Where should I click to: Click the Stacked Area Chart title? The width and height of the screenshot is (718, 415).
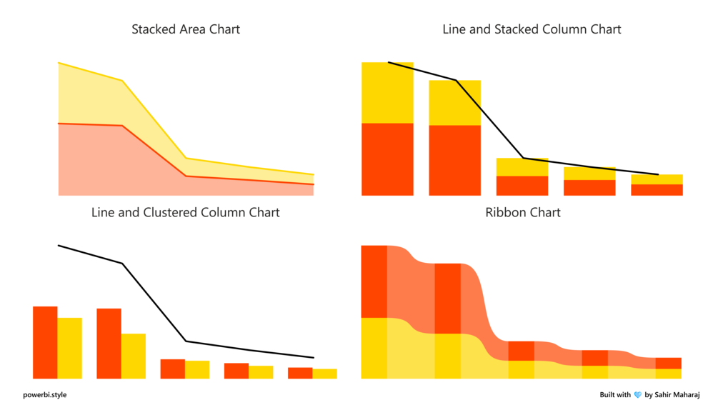[x=186, y=29]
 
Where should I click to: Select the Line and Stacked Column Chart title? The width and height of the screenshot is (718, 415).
[x=532, y=29]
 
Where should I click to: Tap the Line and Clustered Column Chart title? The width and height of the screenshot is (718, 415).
[x=186, y=212]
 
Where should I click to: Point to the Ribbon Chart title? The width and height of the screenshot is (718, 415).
[x=523, y=212]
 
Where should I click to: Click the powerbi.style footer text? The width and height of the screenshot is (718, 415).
[x=44, y=394]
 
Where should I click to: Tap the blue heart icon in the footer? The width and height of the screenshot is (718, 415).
[x=638, y=394]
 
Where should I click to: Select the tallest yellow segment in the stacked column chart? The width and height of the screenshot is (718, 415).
[x=387, y=93]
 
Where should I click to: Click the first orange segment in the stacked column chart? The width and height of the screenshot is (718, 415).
[x=387, y=159]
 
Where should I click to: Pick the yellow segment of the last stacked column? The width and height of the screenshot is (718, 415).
[x=657, y=179]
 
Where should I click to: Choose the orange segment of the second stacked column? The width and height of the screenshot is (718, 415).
[x=454, y=160]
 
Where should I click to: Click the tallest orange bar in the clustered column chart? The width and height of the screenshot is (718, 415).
[x=45, y=342]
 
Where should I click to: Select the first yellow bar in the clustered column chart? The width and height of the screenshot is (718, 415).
[x=70, y=348]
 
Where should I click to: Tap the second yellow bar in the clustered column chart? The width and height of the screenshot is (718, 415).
[x=134, y=356]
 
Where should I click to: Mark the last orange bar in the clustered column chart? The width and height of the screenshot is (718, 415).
[x=300, y=373]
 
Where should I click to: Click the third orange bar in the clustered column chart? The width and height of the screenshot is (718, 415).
[x=172, y=369]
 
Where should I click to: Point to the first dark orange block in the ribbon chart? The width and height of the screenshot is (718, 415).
[x=374, y=281]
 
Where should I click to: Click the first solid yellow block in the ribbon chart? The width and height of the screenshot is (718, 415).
[x=374, y=348]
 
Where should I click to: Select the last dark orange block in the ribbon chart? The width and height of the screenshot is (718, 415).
[x=668, y=363]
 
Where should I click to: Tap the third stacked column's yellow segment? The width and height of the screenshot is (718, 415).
[x=522, y=167]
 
